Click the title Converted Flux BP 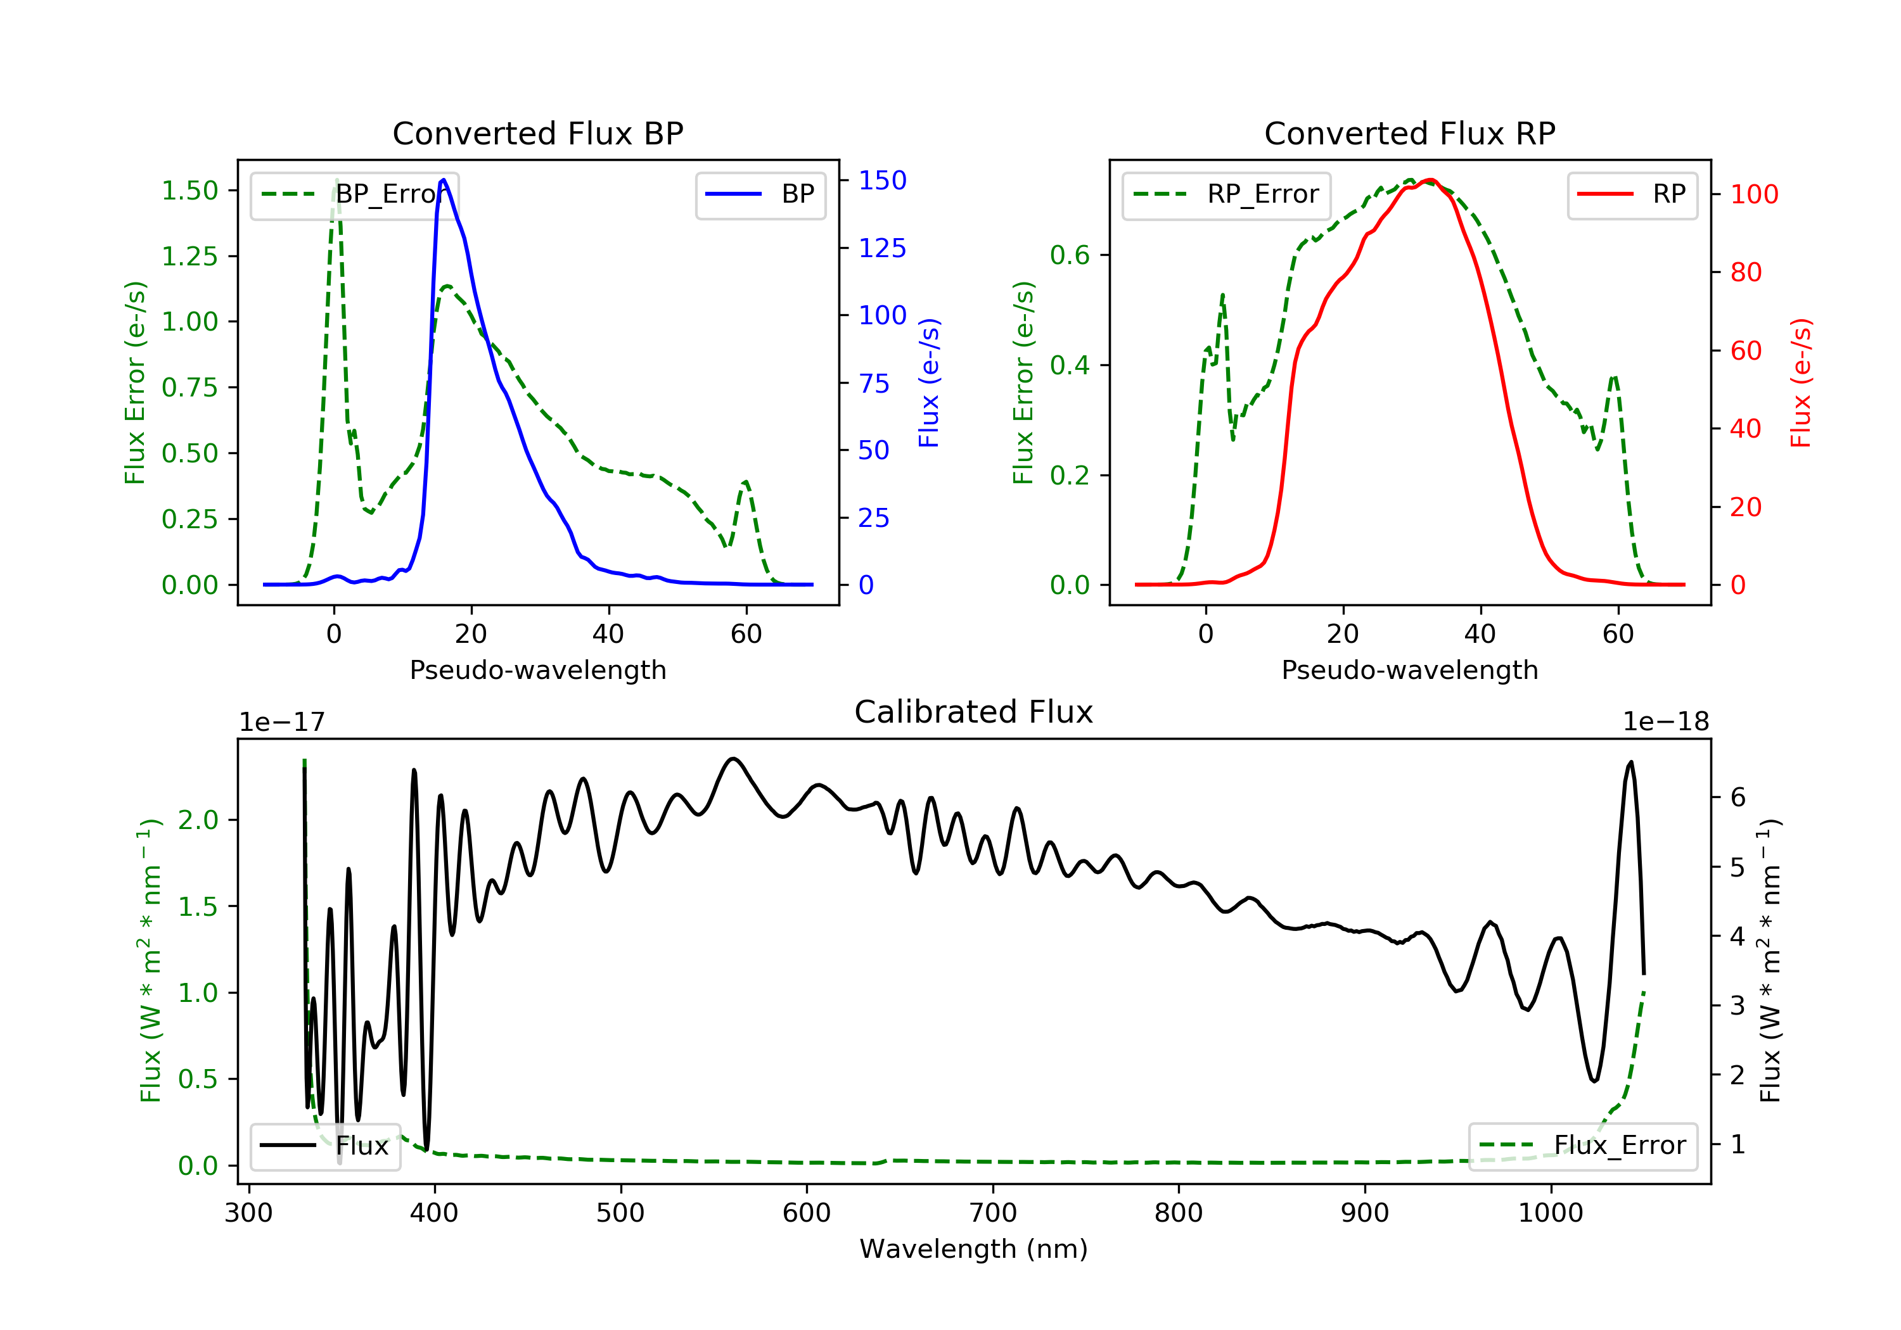click(x=538, y=133)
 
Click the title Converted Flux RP click(x=1410, y=133)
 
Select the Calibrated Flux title click(x=974, y=712)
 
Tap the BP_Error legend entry click(x=354, y=194)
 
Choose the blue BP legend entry click(x=760, y=194)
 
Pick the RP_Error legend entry click(x=1226, y=194)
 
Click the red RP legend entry click(x=1632, y=194)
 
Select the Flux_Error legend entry click(x=1582, y=1146)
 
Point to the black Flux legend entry click(x=324, y=1146)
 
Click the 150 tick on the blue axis click(x=883, y=180)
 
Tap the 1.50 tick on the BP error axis click(x=189, y=191)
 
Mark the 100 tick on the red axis click(x=1755, y=194)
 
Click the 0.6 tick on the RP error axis click(x=1070, y=255)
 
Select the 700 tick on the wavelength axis click(x=993, y=1213)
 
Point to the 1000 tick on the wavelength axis click(x=1551, y=1213)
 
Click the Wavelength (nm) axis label click(x=974, y=1249)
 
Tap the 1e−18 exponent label click(x=1666, y=722)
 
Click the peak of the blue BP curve click(x=444, y=180)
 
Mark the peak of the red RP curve click(x=1431, y=180)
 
